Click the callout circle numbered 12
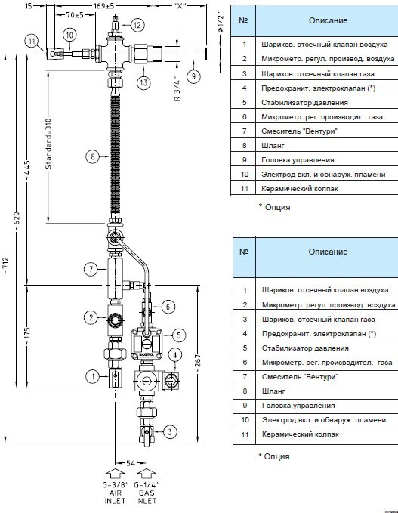tap(137, 25)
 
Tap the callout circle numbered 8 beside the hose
tap(93, 156)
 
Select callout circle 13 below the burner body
tap(143, 82)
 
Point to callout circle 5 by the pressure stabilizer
tap(178, 335)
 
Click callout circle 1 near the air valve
tap(93, 376)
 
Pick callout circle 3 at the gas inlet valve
tap(170, 432)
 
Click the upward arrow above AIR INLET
tap(115, 474)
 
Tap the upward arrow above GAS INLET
tap(146, 474)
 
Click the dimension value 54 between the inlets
tap(131, 463)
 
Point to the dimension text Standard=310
tap(48, 144)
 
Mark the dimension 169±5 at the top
tap(104, 5)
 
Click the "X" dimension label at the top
tap(180, 5)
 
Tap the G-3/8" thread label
tap(115, 484)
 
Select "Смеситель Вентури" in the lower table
tap(300, 376)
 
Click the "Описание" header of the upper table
tap(328, 20)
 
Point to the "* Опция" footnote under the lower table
tap(274, 456)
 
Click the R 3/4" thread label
tap(177, 88)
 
